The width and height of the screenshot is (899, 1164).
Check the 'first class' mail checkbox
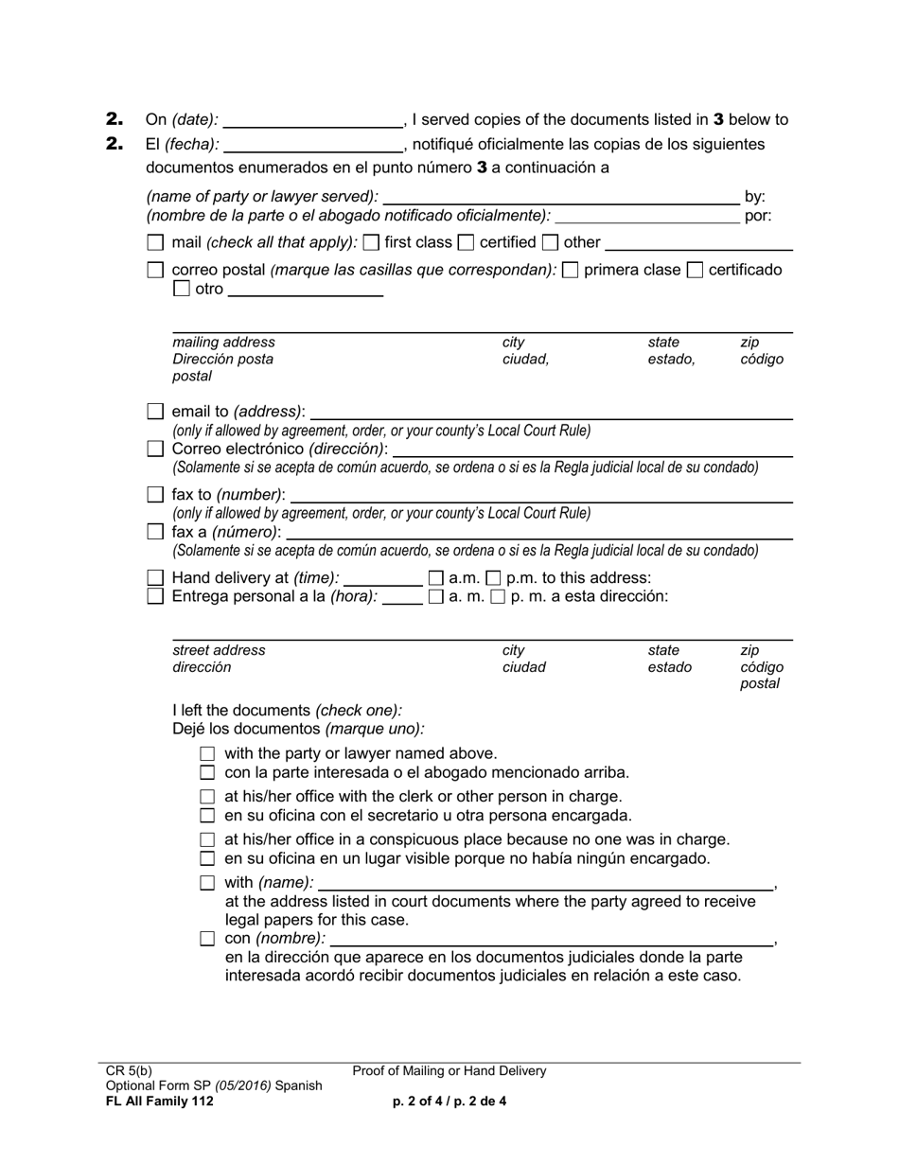[x=372, y=242]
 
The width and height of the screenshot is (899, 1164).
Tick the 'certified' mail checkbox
[x=466, y=242]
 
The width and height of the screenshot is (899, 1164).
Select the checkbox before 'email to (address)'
[x=156, y=412]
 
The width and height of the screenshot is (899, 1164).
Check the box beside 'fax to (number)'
[x=156, y=494]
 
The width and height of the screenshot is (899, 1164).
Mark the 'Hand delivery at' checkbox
[x=156, y=577]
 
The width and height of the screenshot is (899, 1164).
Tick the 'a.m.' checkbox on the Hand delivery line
[x=436, y=577]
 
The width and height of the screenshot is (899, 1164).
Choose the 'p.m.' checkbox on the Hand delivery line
[x=494, y=577]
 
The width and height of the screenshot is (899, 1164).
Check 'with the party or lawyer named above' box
[x=208, y=754]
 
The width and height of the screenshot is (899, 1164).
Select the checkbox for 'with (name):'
[x=208, y=883]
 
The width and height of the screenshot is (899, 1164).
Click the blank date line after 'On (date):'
[x=313, y=120]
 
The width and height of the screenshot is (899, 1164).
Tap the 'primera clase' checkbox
[x=571, y=270]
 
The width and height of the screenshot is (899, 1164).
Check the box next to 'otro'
[x=183, y=290]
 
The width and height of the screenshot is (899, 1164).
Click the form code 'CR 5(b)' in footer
[x=129, y=1071]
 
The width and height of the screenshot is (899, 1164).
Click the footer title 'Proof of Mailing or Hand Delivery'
[x=449, y=1071]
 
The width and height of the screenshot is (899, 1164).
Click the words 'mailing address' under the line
[x=223, y=342]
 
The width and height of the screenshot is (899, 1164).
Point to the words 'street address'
[x=219, y=650]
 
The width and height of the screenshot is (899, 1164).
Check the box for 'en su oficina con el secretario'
[x=208, y=816]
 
